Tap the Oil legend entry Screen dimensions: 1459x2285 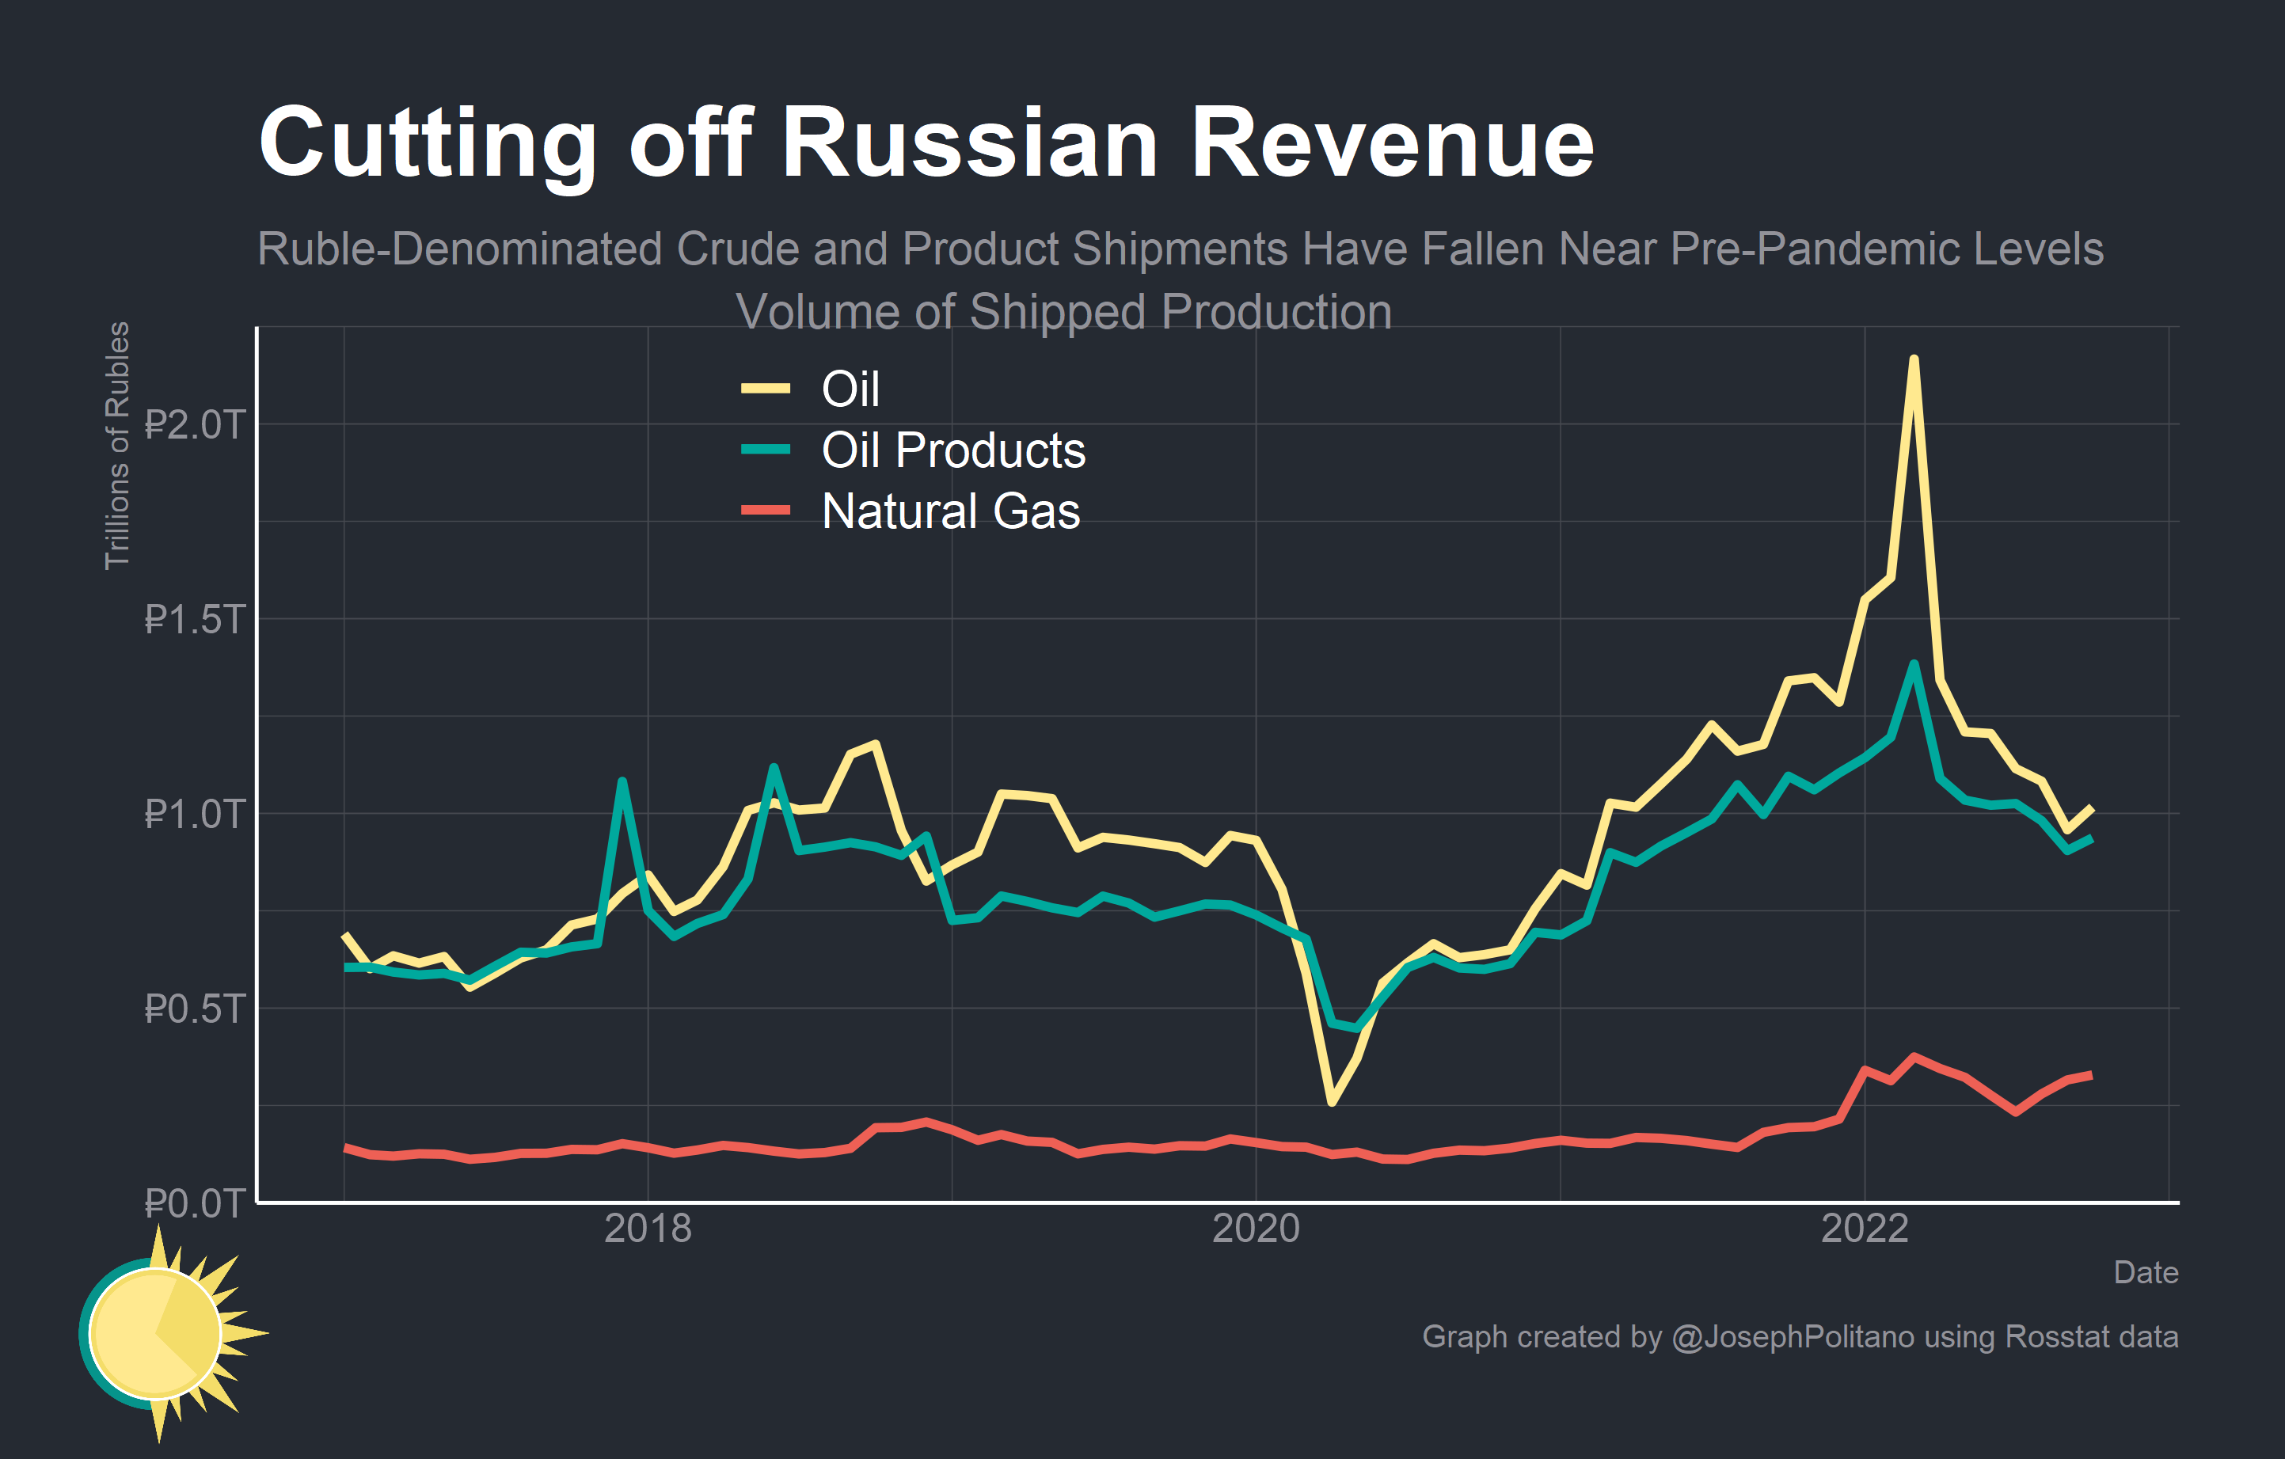850,389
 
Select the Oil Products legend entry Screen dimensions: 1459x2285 952,450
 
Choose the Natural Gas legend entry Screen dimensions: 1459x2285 950,511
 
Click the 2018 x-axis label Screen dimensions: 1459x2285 648,1229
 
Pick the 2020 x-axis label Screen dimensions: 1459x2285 1257,1229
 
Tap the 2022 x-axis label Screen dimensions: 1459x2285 1865,1229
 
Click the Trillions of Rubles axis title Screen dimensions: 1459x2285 116,446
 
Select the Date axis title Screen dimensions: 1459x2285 2146,1272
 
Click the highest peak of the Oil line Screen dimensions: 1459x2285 1914,359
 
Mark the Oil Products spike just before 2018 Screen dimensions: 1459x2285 622,781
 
